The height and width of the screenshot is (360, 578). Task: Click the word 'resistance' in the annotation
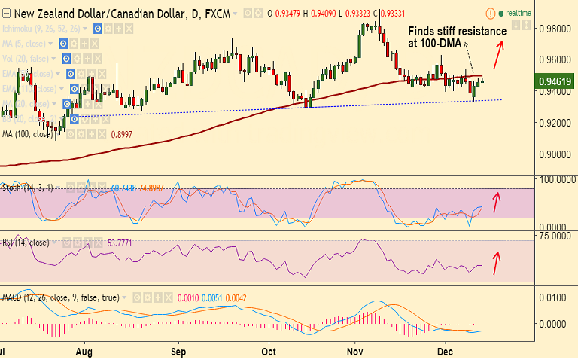pyautogui.click(x=479, y=32)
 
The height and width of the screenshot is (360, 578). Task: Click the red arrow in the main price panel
pyautogui.click(x=498, y=53)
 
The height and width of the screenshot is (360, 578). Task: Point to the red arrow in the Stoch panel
pyautogui.click(x=495, y=202)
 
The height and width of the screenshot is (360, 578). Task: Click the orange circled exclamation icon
pyautogui.click(x=491, y=14)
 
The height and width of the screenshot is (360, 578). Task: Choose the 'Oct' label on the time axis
pyautogui.click(x=269, y=351)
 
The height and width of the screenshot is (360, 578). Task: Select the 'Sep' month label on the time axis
pyautogui.click(x=178, y=351)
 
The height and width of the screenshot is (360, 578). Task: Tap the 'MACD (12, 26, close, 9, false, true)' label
pyautogui.click(x=61, y=297)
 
